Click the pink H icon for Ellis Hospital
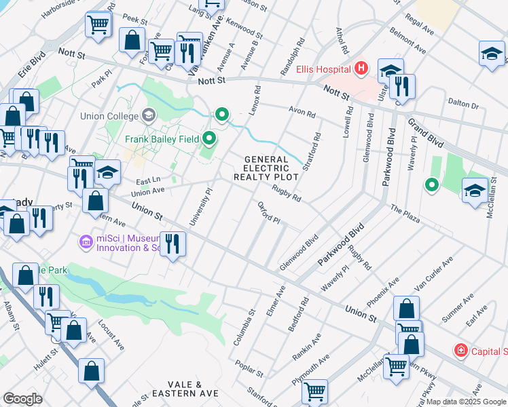tap(360, 69)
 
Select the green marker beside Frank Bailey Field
tap(209, 140)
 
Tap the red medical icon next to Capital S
tap(461, 351)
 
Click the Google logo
tap(22, 399)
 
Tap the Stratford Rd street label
tap(314, 150)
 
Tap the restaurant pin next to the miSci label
tap(173, 244)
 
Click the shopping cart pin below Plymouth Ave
tap(314, 391)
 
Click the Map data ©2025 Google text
tap(466, 402)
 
